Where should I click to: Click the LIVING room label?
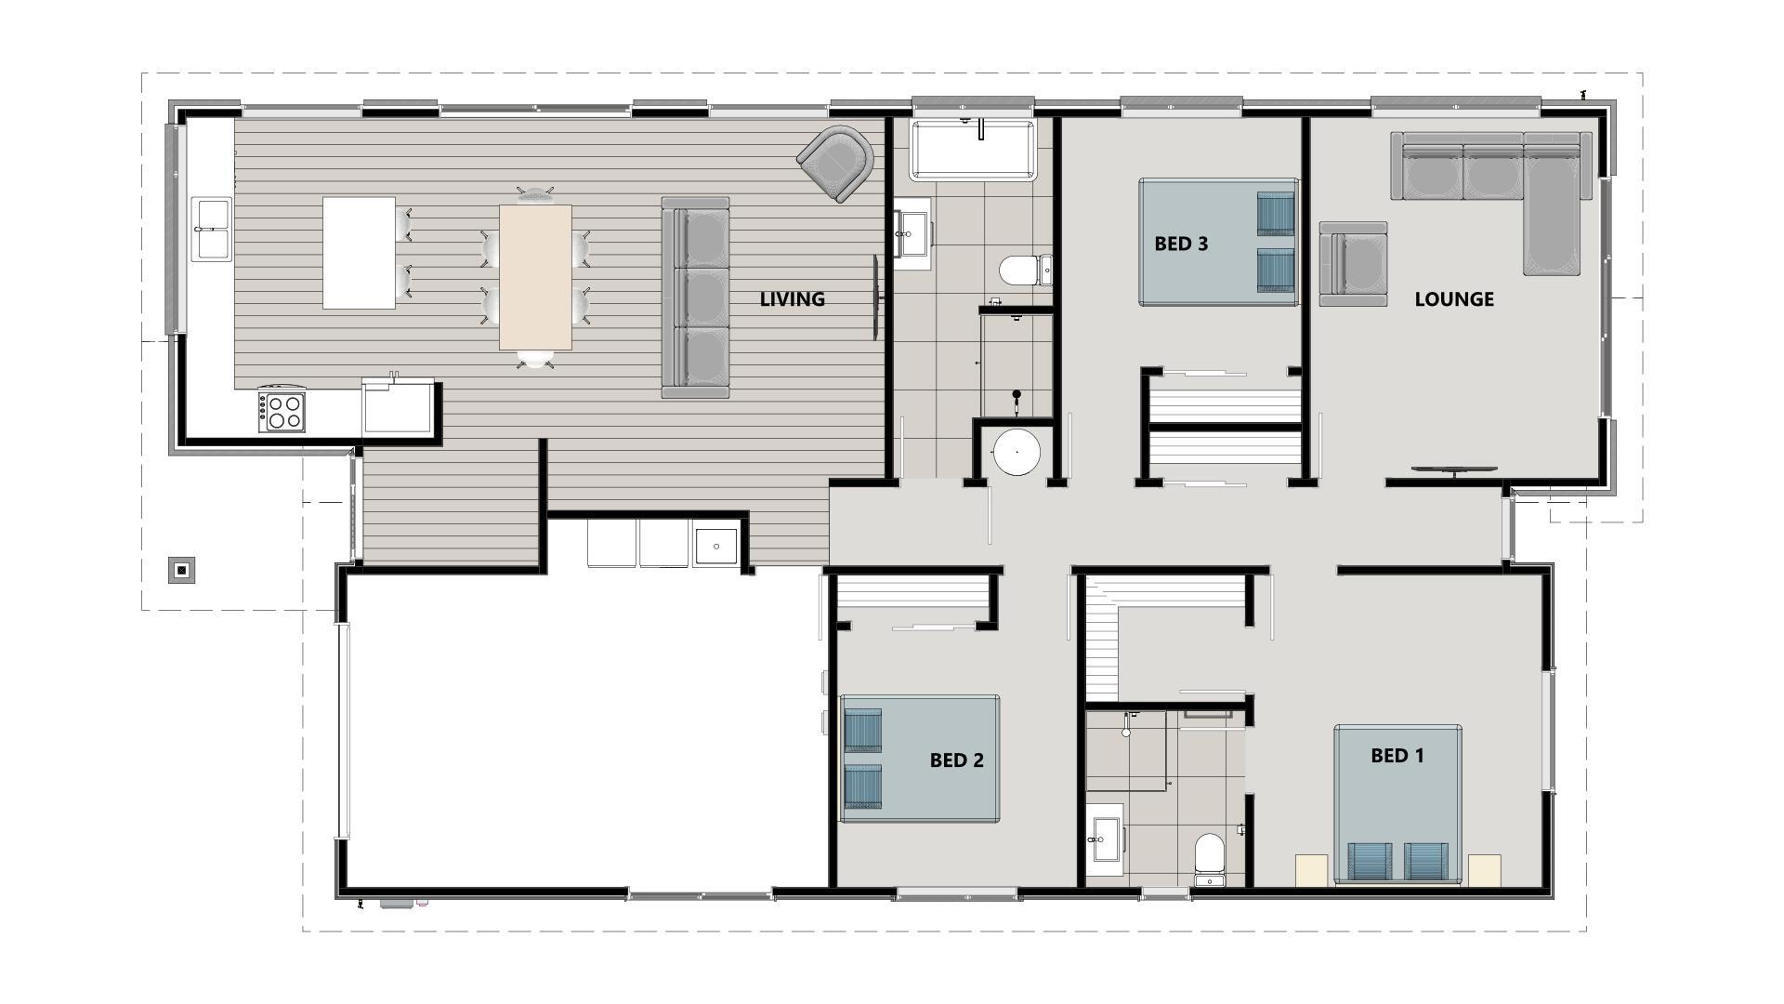[x=792, y=299]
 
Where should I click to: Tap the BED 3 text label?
[x=1181, y=244]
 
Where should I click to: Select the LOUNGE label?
[x=1454, y=299]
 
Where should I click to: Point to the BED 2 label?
[x=956, y=760]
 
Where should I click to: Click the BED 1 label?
[x=1397, y=756]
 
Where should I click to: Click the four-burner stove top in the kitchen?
[x=283, y=411]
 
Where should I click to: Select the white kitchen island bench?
[x=359, y=252]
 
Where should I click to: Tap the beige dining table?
[x=535, y=277]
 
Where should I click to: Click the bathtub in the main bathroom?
[x=973, y=149]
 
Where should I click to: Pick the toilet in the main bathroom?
[x=1025, y=271]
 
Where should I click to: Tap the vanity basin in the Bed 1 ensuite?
[x=1106, y=839]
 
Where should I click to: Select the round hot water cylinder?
[x=1017, y=452]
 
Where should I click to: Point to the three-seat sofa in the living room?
[x=695, y=297]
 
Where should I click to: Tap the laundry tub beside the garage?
[x=715, y=547]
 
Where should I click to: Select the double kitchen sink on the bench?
[x=211, y=229]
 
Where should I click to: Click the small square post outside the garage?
[x=182, y=570]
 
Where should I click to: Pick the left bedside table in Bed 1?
[x=1311, y=870]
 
